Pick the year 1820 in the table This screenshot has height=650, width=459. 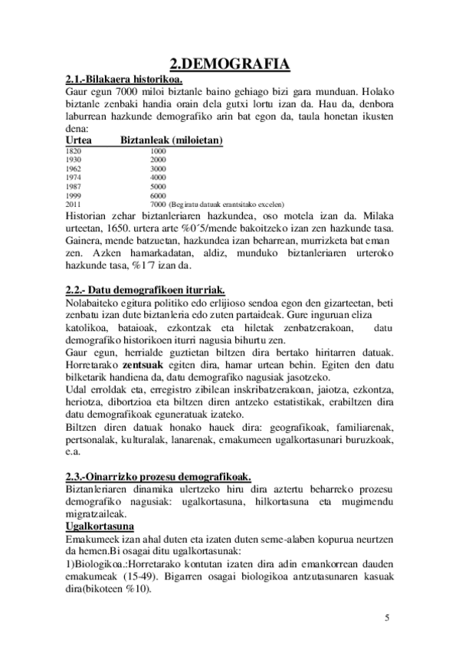74,151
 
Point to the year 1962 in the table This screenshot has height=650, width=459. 74,169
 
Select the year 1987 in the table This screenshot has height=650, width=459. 74,186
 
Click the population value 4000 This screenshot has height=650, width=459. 159,177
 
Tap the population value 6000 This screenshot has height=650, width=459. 159,195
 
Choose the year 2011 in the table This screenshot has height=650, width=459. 74,205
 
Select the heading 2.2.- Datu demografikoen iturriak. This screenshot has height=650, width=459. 146,289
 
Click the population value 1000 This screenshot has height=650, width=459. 159,151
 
